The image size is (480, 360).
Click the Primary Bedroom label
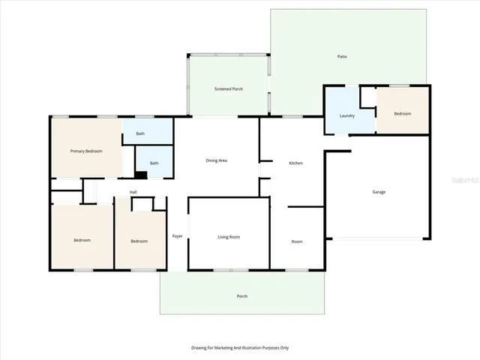pyautogui.click(x=86, y=151)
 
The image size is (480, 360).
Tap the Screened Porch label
pyautogui.click(x=229, y=89)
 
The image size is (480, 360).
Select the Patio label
pyautogui.click(x=342, y=57)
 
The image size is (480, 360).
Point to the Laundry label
pyautogui.click(x=346, y=115)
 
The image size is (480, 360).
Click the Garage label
pyautogui.click(x=379, y=192)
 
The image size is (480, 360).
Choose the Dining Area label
pyautogui.click(x=217, y=160)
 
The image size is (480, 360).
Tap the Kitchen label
pyautogui.click(x=296, y=163)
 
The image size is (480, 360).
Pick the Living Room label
pyautogui.click(x=229, y=237)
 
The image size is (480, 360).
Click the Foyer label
pyautogui.click(x=177, y=236)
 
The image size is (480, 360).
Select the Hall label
pyautogui.click(x=133, y=192)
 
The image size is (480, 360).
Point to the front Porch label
pyautogui.click(x=242, y=296)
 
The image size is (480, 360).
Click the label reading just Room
pyautogui.click(x=297, y=241)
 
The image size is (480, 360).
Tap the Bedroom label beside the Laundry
pyautogui.click(x=403, y=113)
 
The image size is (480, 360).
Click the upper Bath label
pyautogui.click(x=140, y=134)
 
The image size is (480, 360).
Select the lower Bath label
pyautogui.click(x=154, y=163)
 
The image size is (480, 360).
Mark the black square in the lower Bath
pyautogui.click(x=140, y=175)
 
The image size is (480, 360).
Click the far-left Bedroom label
pyautogui.click(x=82, y=240)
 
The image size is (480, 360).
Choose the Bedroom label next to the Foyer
pyautogui.click(x=139, y=241)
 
